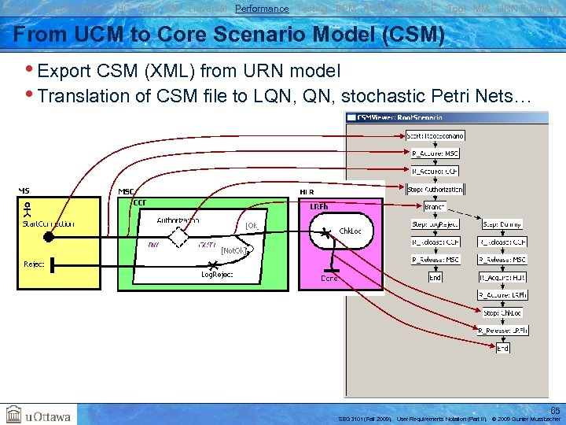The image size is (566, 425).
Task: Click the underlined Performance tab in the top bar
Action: coord(262,8)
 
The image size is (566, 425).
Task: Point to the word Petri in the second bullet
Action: coord(455,96)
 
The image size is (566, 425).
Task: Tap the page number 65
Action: coord(555,410)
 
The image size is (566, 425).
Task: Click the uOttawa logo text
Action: coord(48,416)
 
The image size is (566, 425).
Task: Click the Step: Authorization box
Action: coord(436,189)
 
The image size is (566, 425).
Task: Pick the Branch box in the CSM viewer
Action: coord(434,206)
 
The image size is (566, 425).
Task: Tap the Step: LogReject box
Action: coord(435,224)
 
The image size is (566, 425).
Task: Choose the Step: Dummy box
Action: coord(503,224)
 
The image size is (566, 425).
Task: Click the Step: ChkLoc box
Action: coord(502,312)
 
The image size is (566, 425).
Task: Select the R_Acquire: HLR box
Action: coord(502,277)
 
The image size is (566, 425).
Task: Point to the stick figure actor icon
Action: coord(28,210)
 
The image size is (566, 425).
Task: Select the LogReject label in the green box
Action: coord(217,275)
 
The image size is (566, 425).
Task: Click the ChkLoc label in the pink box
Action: coord(349,231)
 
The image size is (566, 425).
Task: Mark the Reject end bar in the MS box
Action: coord(52,264)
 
